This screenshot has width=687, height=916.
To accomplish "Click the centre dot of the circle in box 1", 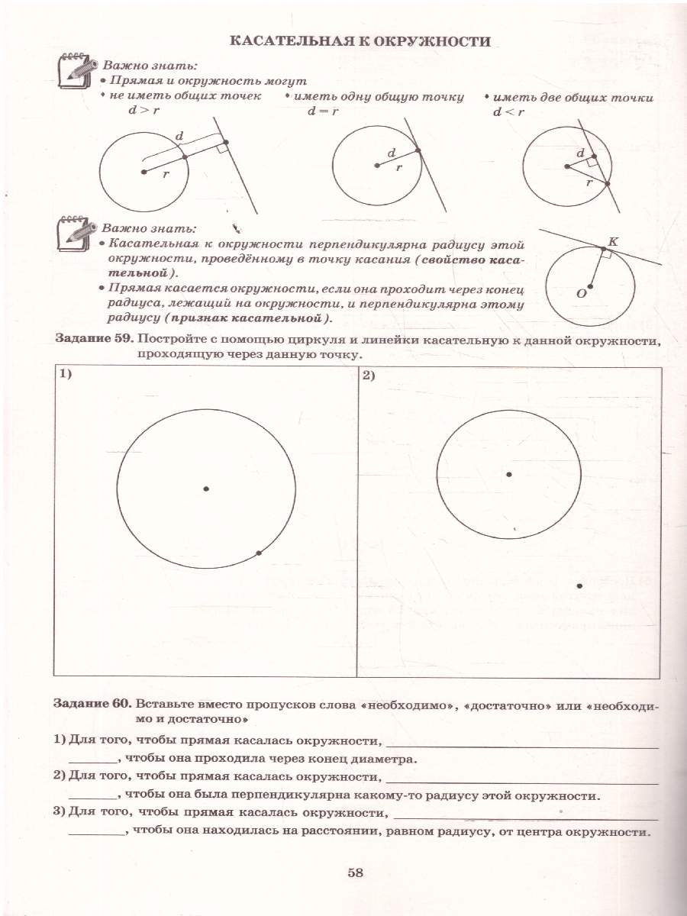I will tap(206, 488).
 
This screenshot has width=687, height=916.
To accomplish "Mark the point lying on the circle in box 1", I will tap(260, 553).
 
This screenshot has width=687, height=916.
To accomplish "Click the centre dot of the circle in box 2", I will tap(509, 474).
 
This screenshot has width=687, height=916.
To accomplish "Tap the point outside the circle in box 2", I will tap(579, 585).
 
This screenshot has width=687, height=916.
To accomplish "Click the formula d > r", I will tap(144, 111).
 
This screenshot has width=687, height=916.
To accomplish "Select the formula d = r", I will tap(323, 111).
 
